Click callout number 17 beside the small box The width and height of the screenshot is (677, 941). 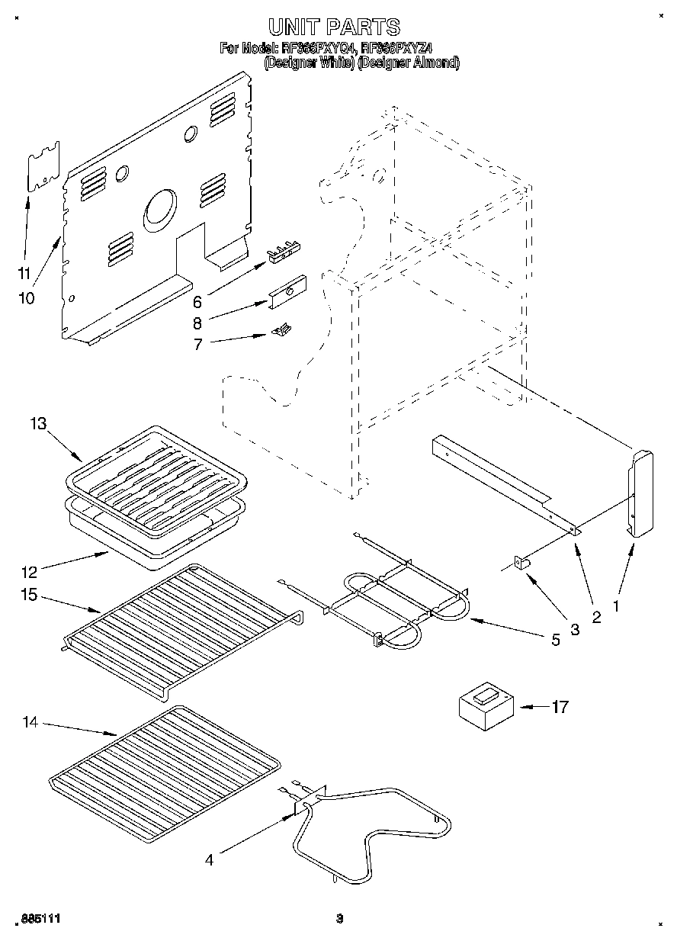click(560, 708)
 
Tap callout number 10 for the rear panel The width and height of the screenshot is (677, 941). click(26, 298)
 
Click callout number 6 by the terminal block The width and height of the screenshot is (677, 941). click(197, 300)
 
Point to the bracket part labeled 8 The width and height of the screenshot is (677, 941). click(287, 291)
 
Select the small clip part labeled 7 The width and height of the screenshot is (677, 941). click(281, 329)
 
